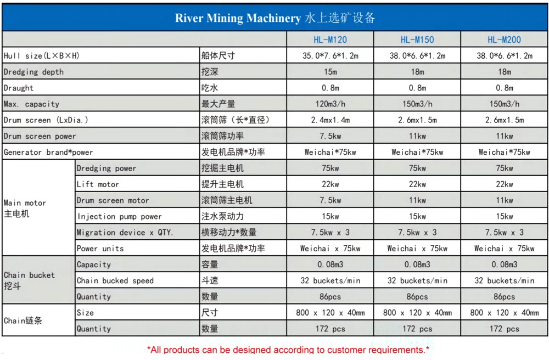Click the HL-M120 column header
pyautogui.click(x=330, y=40)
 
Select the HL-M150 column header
pyautogui.click(x=417, y=40)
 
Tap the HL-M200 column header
pyautogui.click(x=504, y=40)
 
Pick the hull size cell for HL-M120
pyautogui.click(x=330, y=55)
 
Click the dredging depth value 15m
pyautogui.click(x=330, y=72)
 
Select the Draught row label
pyautogui.click(x=19, y=88)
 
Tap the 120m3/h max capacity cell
pyautogui.click(x=330, y=104)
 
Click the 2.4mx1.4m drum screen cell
pyautogui.click(x=330, y=120)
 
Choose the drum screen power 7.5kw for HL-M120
pyautogui.click(x=330, y=136)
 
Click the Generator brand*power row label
pyautogui.click(x=48, y=152)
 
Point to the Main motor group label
pyautogui.click(x=25, y=209)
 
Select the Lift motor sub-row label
pyautogui.click(x=98, y=184)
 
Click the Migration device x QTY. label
pyautogui.click(x=125, y=233)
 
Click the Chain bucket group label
pyautogui.click(x=29, y=280)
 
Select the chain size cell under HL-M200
pyautogui.click(x=504, y=313)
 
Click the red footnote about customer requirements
pyautogui.click(x=288, y=350)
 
